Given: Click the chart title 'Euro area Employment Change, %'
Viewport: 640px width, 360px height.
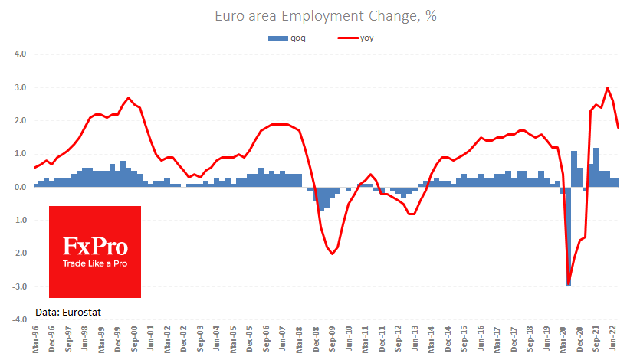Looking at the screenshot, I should point(320,15).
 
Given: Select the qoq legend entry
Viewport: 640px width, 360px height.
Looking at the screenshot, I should point(288,38).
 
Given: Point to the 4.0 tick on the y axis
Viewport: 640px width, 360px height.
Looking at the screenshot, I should point(20,54).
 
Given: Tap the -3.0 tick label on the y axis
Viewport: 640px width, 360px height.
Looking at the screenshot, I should point(19,286).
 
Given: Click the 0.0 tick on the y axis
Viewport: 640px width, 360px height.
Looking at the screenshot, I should point(20,187).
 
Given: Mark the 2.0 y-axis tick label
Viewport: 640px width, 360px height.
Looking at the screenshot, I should point(20,121).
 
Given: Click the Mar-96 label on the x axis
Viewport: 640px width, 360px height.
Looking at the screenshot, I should point(35,339).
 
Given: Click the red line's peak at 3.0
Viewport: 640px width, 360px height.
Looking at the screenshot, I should point(608,88).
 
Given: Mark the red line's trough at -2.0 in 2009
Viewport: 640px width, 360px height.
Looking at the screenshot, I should point(332,253).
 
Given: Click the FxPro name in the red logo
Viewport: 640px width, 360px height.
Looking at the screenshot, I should point(94,246).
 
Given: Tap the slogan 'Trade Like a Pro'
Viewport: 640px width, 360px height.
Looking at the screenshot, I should point(95,263).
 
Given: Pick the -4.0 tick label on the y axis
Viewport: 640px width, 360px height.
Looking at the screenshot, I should point(19,319).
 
